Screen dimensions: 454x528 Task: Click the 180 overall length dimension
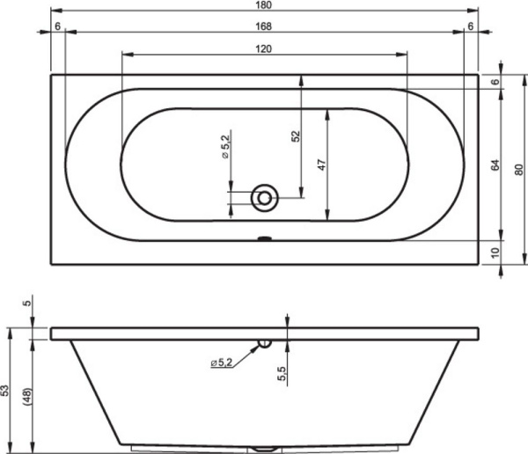click(x=265, y=7)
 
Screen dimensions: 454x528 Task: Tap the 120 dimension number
click(x=264, y=49)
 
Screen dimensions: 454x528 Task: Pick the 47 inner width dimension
click(x=322, y=165)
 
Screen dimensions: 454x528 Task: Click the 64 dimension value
click(x=495, y=164)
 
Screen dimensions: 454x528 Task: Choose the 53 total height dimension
click(x=6, y=391)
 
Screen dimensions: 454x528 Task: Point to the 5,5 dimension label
click(x=282, y=374)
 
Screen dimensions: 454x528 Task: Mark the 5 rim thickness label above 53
click(x=27, y=304)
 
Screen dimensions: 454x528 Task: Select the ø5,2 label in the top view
click(x=225, y=144)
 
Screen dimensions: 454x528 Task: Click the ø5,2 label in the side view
click(x=223, y=362)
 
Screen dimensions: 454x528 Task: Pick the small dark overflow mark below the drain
click(x=263, y=237)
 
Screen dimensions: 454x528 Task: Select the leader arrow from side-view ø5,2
click(x=249, y=352)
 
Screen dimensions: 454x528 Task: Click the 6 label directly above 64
click(x=495, y=82)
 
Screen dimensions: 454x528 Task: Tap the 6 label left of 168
click(x=57, y=26)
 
